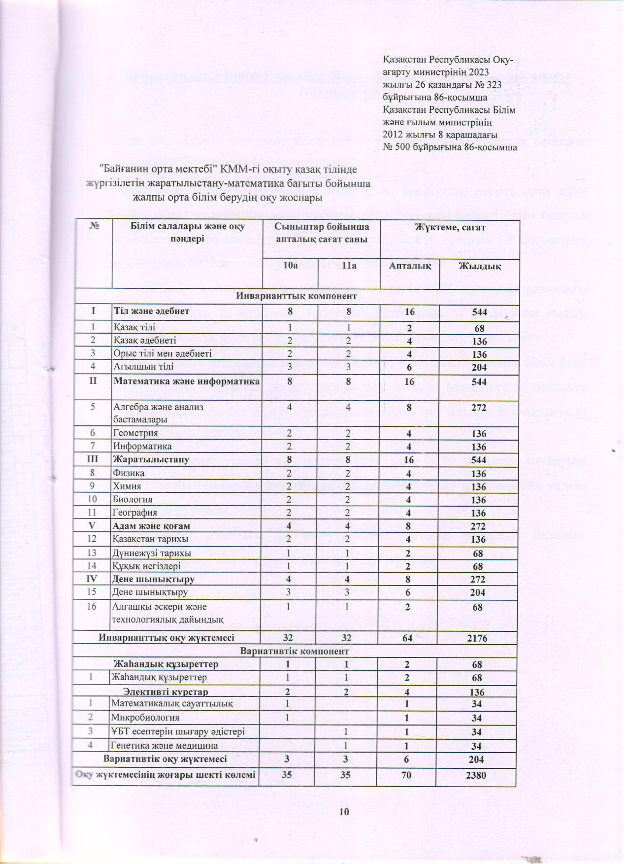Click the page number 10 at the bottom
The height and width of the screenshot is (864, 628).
point(344,812)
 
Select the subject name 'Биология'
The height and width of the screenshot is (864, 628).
point(133,499)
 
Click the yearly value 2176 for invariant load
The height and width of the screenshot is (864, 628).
point(476,638)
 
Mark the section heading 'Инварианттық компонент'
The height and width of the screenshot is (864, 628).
point(297,296)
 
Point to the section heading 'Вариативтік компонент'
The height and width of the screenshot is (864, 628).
point(295,651)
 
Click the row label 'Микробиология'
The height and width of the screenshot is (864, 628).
point(145,718)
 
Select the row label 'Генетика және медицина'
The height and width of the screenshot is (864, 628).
point(165,746)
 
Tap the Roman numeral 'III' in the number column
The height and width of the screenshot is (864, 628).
point(93,459)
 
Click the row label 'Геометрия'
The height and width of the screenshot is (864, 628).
point(136,433)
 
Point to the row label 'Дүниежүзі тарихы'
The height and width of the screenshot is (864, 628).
point(152,553)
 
